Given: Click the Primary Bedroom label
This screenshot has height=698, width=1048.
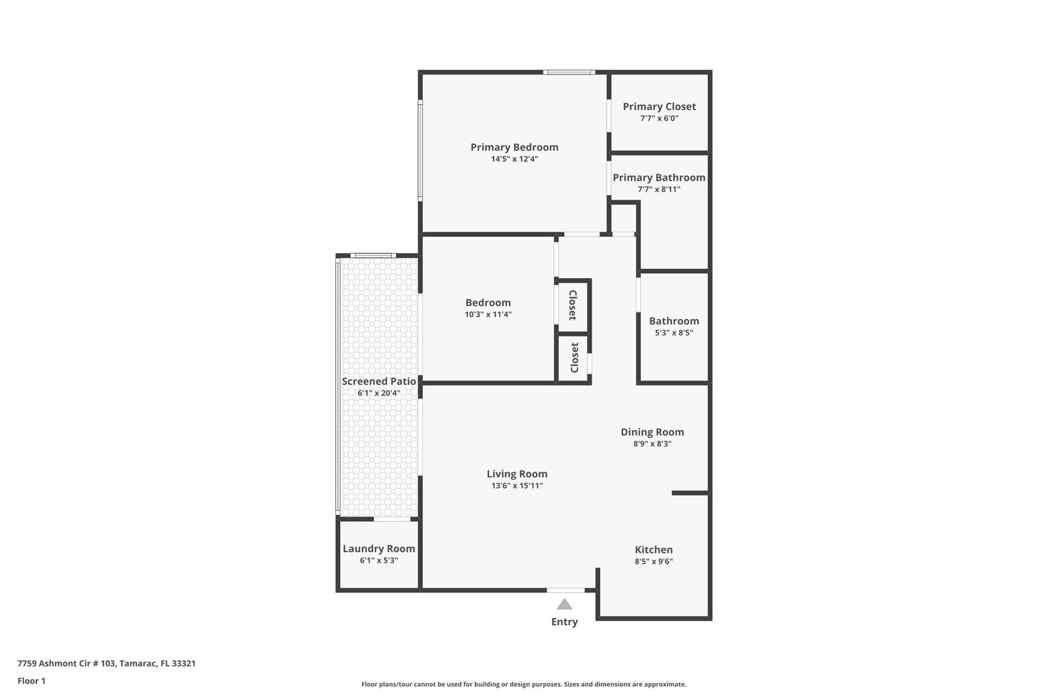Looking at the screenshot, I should click(x=514, y=147).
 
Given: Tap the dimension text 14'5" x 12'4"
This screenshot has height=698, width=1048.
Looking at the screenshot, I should click(x=514, y=159).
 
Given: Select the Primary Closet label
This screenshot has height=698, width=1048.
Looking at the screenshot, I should click(x=659, y=106).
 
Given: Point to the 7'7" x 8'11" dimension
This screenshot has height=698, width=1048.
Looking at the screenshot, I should click(x=659, y=189).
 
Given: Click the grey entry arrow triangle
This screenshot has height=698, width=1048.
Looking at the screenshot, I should click(x=564, y=605).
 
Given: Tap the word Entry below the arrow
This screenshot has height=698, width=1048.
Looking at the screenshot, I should click(x=564, y=622).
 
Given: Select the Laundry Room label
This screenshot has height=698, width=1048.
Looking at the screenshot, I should click(x=379, y=549).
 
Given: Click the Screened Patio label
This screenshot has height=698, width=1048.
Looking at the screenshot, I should click(x=379, y=381).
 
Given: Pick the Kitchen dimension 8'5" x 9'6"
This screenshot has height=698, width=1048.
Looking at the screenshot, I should click(x=653, y=561).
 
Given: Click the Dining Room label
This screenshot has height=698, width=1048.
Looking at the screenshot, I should click(x=652, y=432).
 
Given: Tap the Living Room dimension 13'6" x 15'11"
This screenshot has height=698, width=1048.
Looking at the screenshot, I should click(x=517, y=486).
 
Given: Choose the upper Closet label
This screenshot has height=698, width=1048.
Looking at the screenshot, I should click(x=573, y=305).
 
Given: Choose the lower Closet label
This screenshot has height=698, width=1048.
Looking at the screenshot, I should click(x=574, y=357).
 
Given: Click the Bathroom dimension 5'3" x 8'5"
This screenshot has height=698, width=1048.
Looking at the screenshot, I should click(x=674, y=333).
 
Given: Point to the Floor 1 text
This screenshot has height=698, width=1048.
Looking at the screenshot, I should click(x=31, y=681).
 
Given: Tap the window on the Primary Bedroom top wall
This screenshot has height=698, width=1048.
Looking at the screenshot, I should click(x=569, y=73).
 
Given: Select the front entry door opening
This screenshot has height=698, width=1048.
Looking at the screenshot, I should click(x=565, y=590).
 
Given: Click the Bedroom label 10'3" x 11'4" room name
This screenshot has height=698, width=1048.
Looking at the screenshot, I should click(x=488, y=303).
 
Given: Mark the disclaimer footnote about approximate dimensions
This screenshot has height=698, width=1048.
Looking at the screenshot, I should click(x=523, y=684).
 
